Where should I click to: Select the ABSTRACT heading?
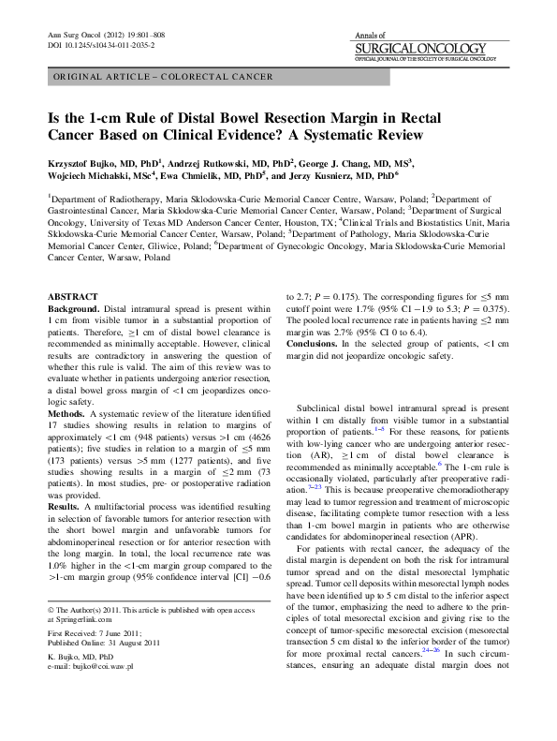coord(71,294)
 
